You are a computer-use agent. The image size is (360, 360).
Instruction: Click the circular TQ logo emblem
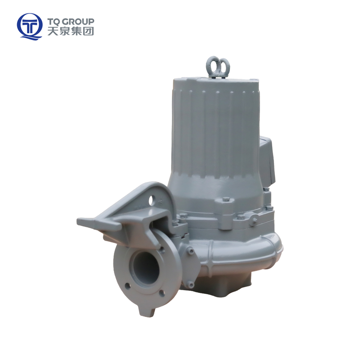pyautogui.click(x=29, y=27)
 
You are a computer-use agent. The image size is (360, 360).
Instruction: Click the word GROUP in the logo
pyautogui.click(x=78, y=22)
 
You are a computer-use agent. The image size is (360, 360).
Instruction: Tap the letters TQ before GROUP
pyautogui.click(x=54, y=22)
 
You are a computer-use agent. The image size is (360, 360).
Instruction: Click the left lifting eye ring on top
pyautogui.click(x=212, y=64)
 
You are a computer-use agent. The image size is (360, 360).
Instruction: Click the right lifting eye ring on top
pyautogui.click(x=224, y=65)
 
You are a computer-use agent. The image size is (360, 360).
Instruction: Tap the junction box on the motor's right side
pyautogui.click(x=267, y=161)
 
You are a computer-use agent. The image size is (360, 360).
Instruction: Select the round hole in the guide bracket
pyautogui.click(x=151, y=200)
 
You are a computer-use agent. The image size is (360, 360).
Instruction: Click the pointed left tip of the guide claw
pyautogui.click(x=78, y=221)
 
